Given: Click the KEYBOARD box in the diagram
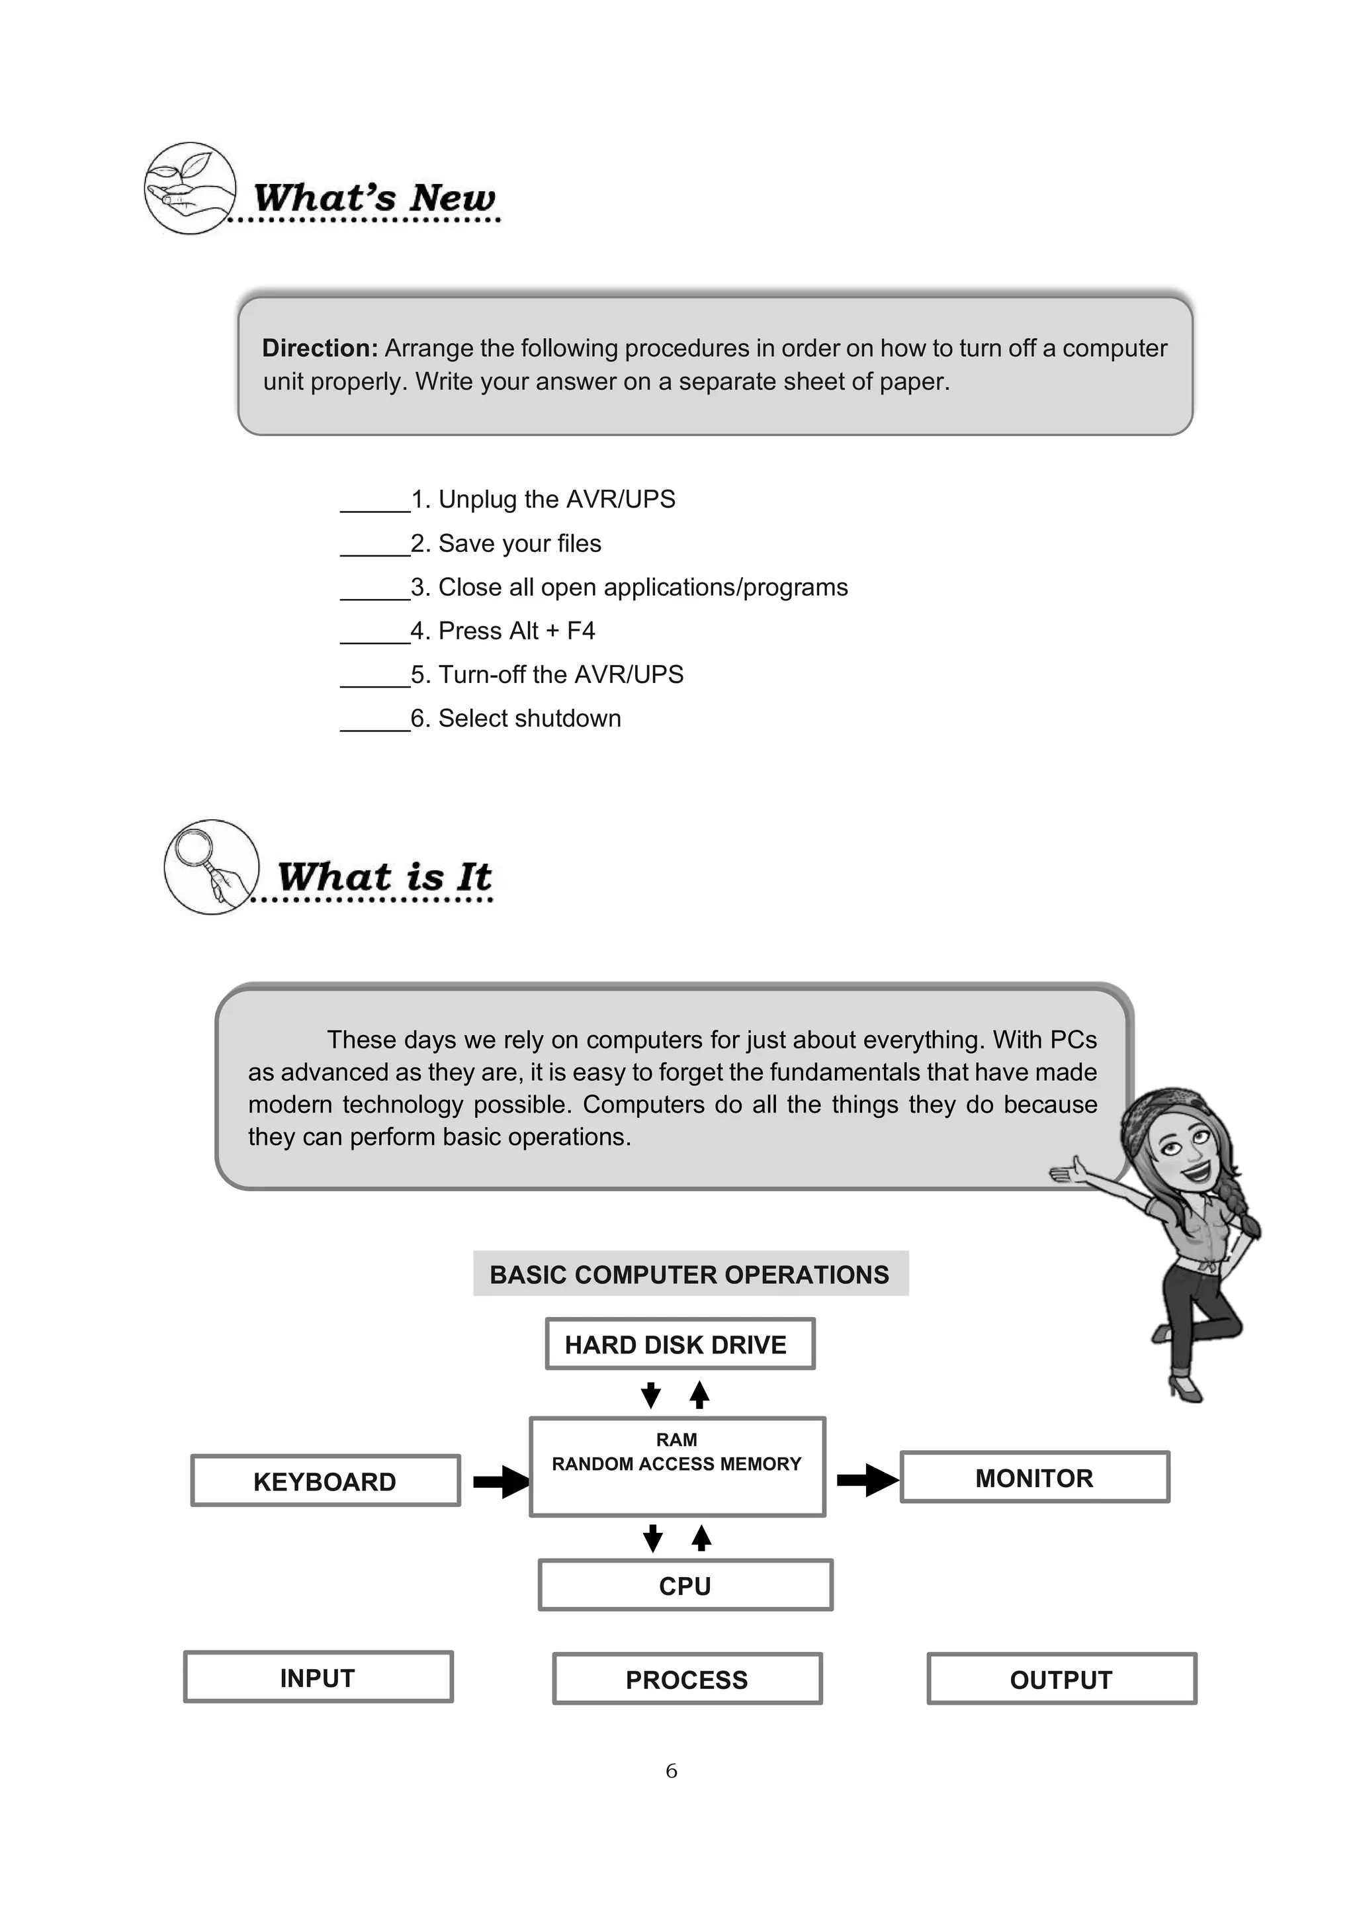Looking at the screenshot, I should point(326,1481).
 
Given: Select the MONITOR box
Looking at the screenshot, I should point(1035,1477).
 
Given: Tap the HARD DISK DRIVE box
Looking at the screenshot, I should point(679,1344).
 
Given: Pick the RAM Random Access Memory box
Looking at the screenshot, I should point(677,1466).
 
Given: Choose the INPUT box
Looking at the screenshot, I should point(318,1677).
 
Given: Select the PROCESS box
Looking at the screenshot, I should point(687,1679).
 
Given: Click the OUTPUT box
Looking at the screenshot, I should point(1061,1679).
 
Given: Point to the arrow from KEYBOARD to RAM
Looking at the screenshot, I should point(501,1482).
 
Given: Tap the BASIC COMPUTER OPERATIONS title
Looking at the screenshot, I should point(690,1274).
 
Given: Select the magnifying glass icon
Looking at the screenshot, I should point(211,866).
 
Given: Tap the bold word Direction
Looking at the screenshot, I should point(320,348).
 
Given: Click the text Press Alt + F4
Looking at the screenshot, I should point(517,631).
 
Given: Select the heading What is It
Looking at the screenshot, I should point(384,876).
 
